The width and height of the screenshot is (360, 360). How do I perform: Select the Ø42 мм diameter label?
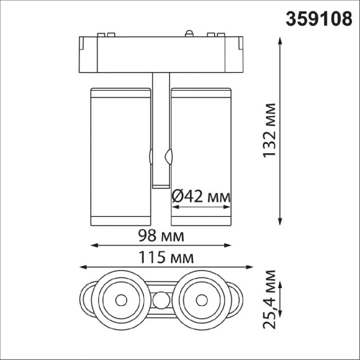(200, 197)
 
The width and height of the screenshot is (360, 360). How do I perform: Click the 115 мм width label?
(166, 257)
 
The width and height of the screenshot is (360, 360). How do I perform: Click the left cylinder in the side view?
(120, 155)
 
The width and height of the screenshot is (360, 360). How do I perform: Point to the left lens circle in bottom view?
(120, 299)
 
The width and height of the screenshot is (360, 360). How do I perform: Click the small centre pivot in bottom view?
(161, 300)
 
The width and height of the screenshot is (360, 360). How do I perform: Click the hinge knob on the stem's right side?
(168, 156)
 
